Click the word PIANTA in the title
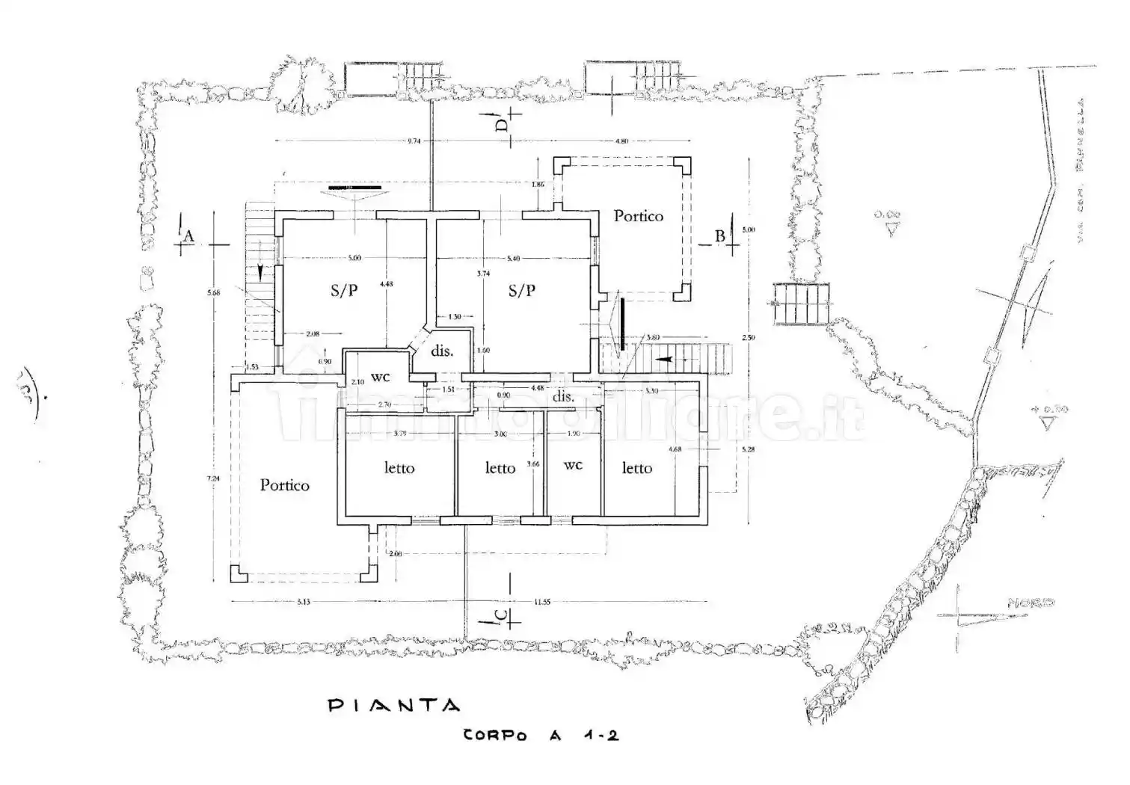(394, 705)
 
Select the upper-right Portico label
(638, 216)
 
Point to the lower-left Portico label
(284, 485)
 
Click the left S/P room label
(344, 291)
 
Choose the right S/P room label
(522, 291)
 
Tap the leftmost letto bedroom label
(399, 468)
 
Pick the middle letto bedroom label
(500, 468)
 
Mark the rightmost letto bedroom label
(636, 468)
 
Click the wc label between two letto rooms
(573, 465)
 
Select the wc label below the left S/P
(381, 378)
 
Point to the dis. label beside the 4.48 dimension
(563, 397)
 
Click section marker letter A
(189, 236)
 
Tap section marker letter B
(719, 236)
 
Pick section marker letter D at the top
(503, 123)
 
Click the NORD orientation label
(1031, 602)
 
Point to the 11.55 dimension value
(542, 602)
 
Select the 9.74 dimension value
(414, 141)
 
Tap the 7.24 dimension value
(215, 478)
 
